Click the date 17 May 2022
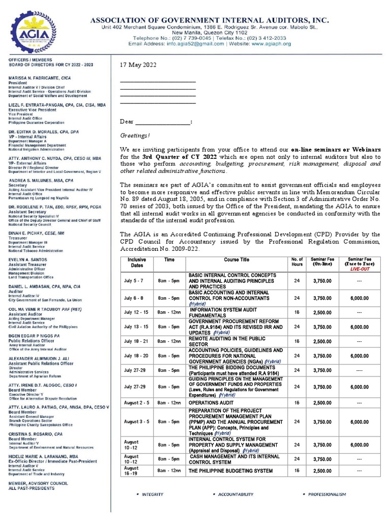click(138, 66)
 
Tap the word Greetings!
click(135, 136)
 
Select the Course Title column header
click(237, 259)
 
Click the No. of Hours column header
click(297, 262)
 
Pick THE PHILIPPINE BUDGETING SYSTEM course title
click(231, 471)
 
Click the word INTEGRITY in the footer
click(152, 494)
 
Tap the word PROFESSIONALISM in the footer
click(327, 494)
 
